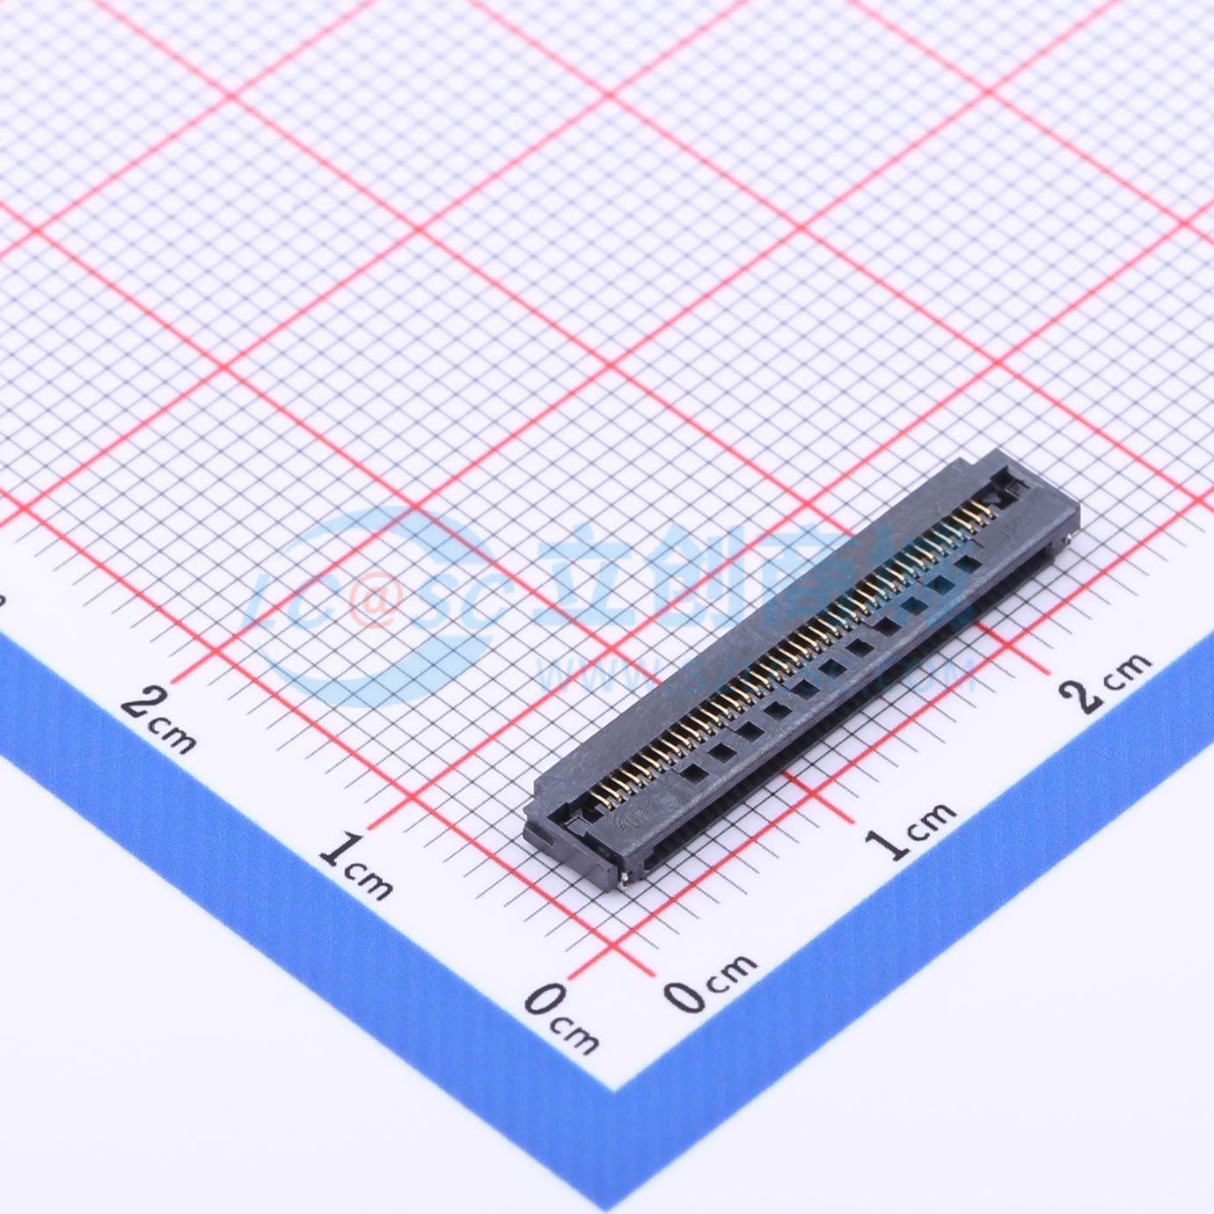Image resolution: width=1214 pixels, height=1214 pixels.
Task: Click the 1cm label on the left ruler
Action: [355, 867]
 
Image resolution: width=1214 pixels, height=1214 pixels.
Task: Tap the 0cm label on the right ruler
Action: [709, 981]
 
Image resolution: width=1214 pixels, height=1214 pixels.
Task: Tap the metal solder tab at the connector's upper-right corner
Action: [1068, 537]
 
